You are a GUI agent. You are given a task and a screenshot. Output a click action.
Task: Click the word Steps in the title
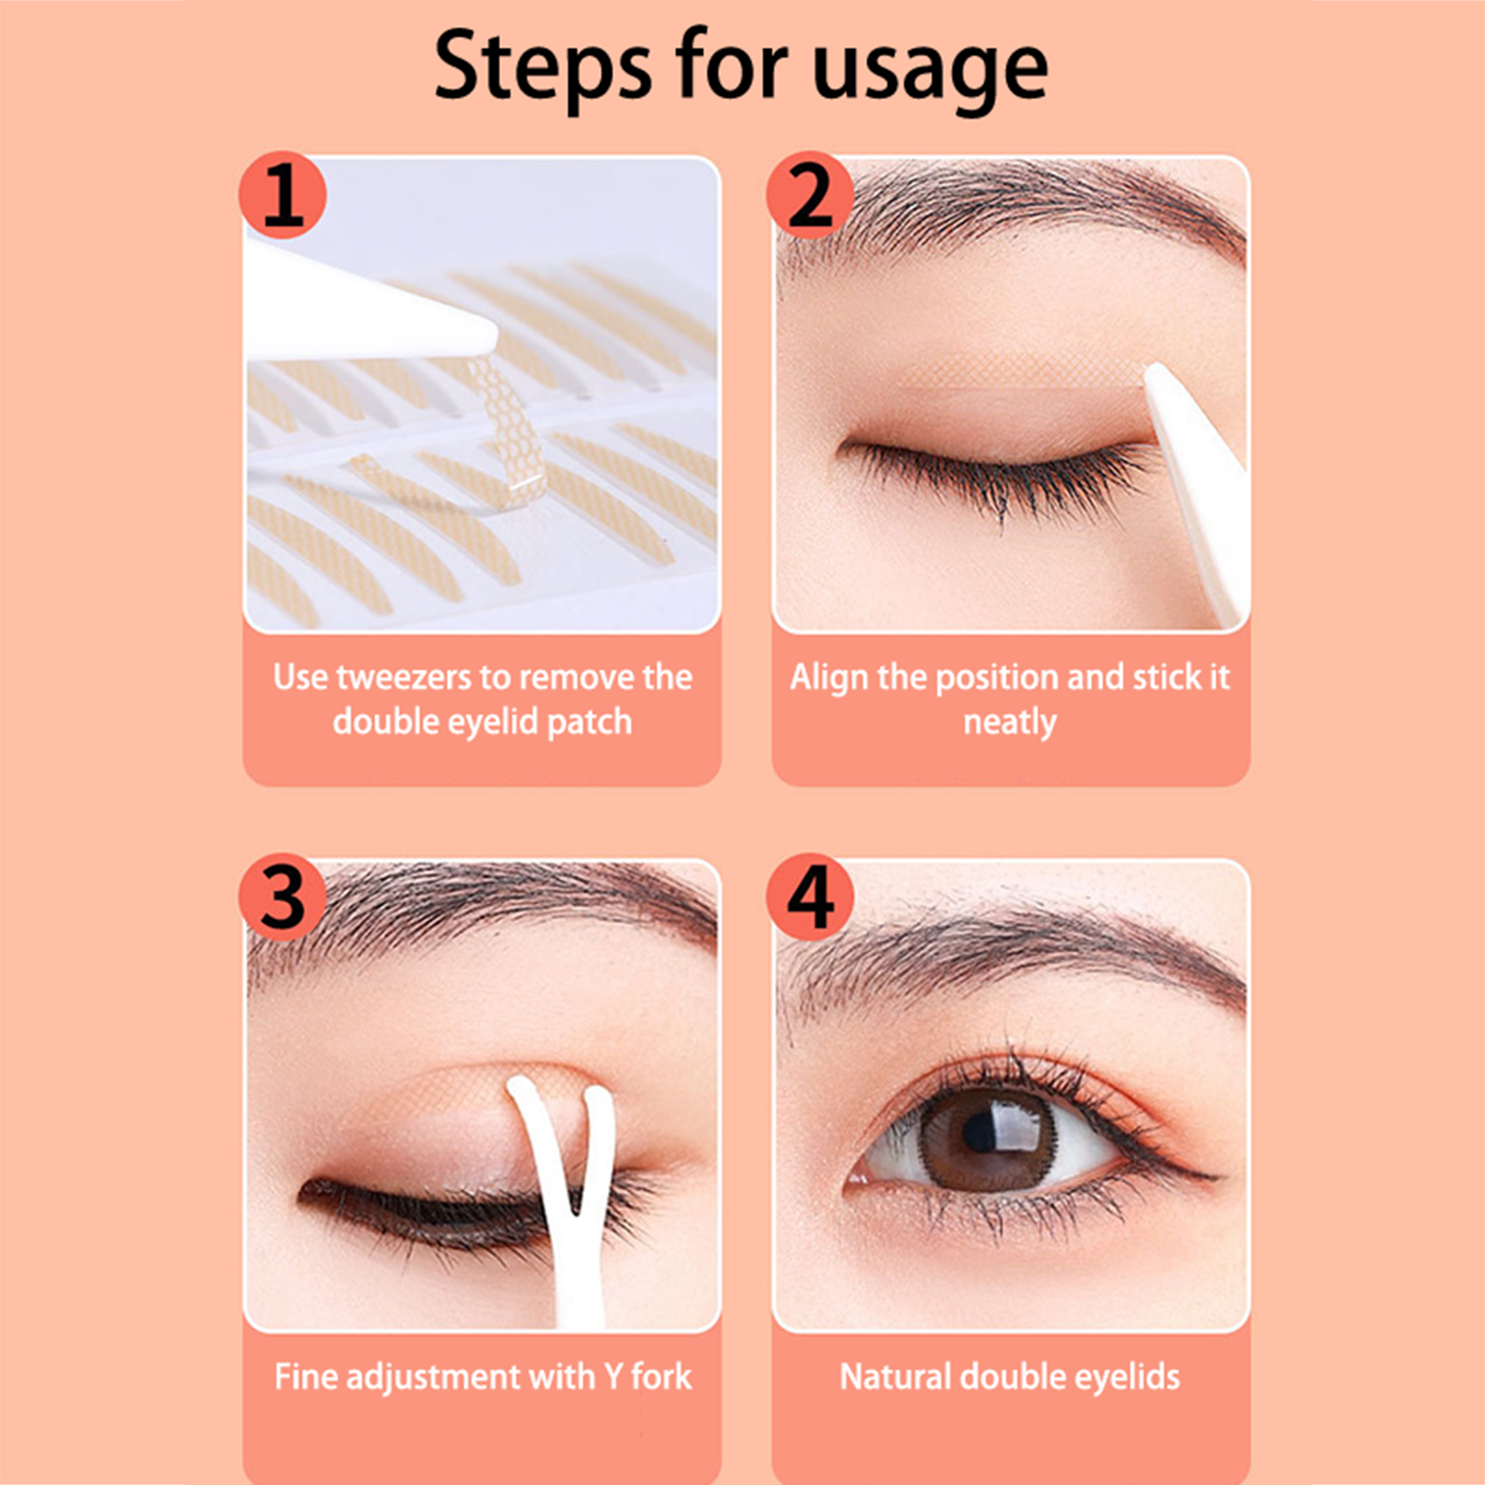(x=543, y=68)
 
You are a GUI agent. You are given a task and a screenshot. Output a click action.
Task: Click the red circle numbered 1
(x=283, y=196)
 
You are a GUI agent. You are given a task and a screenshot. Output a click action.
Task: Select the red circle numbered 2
(x=810, y=196)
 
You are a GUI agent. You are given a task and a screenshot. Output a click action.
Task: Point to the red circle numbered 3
(x=283, y=897)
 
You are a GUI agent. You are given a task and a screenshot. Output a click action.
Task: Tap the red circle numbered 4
(x=810, y=897)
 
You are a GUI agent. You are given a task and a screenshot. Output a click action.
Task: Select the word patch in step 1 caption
(x=589, y=723)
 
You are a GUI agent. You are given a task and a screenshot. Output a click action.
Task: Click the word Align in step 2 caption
(x=829, y=678)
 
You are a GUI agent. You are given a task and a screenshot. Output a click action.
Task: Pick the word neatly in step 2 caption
(x=1010, y=723)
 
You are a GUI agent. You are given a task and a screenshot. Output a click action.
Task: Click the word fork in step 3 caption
(x=662, y=1376)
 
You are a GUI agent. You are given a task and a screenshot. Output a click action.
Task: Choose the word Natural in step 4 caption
(x=895, y=1376)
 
